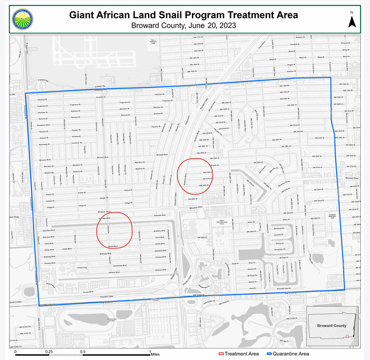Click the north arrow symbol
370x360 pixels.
[x=352, y=20]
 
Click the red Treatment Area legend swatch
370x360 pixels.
[x=221, y=354]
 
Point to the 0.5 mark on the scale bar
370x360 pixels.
[x=83, y=351]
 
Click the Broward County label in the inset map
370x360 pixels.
[x=332, y=326]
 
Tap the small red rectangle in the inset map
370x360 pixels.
[x=347, y=336]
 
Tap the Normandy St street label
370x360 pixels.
[x=44, y=144]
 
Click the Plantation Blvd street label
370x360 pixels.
[x=44, y=125]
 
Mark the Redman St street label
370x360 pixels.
[x=300, y=38]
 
